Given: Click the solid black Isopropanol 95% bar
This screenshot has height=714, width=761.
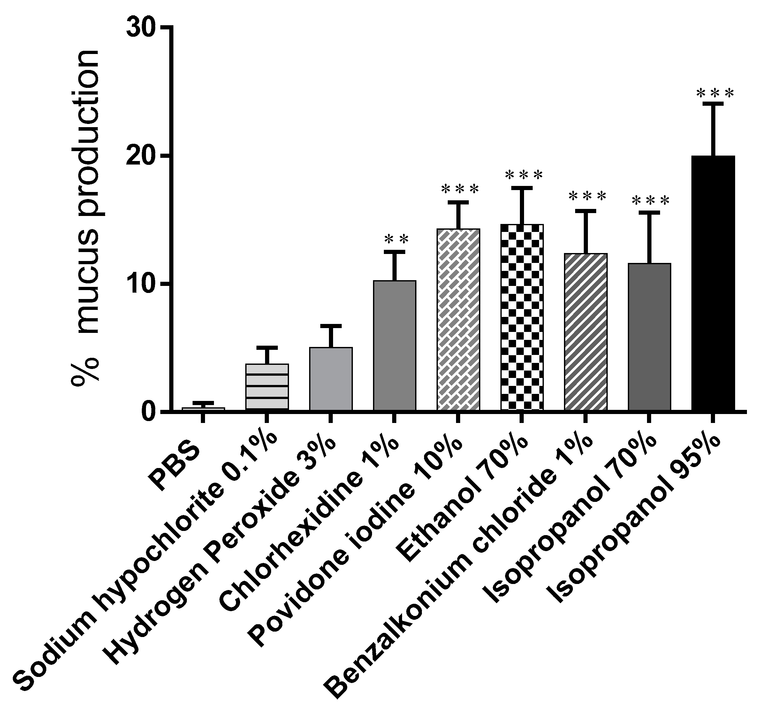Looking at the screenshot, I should click(713, 283).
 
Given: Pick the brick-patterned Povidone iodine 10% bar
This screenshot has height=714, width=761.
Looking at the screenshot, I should click(458, 320).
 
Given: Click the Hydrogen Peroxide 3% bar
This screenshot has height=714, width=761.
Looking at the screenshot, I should click(331, 379).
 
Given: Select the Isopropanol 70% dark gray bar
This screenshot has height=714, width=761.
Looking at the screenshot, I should click(649, 337).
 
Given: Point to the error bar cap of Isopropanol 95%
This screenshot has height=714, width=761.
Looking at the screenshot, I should click(713, 104).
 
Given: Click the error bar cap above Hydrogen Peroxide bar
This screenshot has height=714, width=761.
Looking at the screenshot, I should click(331, 326).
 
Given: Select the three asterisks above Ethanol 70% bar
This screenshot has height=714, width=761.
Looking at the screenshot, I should click(524, 175).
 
